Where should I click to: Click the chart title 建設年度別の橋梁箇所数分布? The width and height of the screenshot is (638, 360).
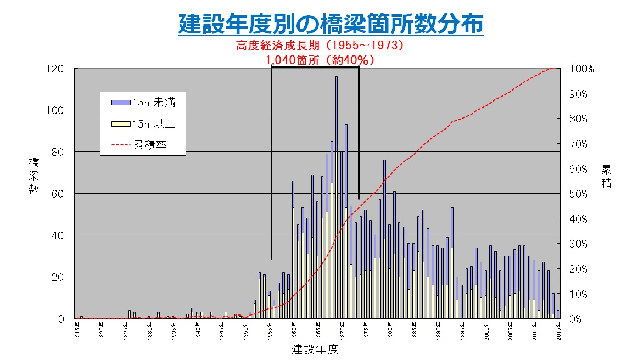coord(331,24)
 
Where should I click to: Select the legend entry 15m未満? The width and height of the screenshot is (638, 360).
coord(153,103)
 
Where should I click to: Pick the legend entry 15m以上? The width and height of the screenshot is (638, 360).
coord(153,124)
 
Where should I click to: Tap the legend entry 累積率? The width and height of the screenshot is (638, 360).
coord(149,145)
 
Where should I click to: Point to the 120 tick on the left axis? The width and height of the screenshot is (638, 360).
coord(57,69)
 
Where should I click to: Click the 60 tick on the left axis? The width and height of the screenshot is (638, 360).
coord(59,194)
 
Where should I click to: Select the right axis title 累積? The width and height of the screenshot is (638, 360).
coord(606,176)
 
